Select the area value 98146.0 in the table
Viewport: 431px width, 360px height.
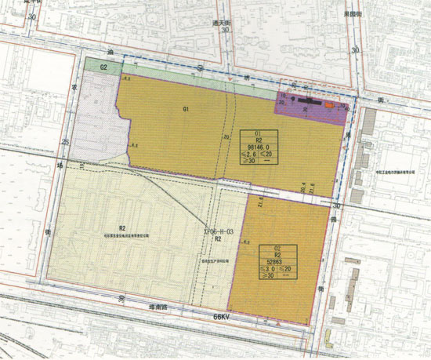pyautogui.click(x=257, y=147)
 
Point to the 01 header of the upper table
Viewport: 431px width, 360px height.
pyautogui.click(x=257, y=132)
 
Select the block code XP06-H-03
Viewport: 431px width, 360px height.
pyautogui.click(x=218, y=232)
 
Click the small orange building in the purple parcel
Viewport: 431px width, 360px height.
pyautogui.click(x=331, y=104)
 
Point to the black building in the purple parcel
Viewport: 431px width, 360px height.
pyautogui.click(x=307, y=100)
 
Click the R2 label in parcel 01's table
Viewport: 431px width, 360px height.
pyautogui.click(x=257, y=139)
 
